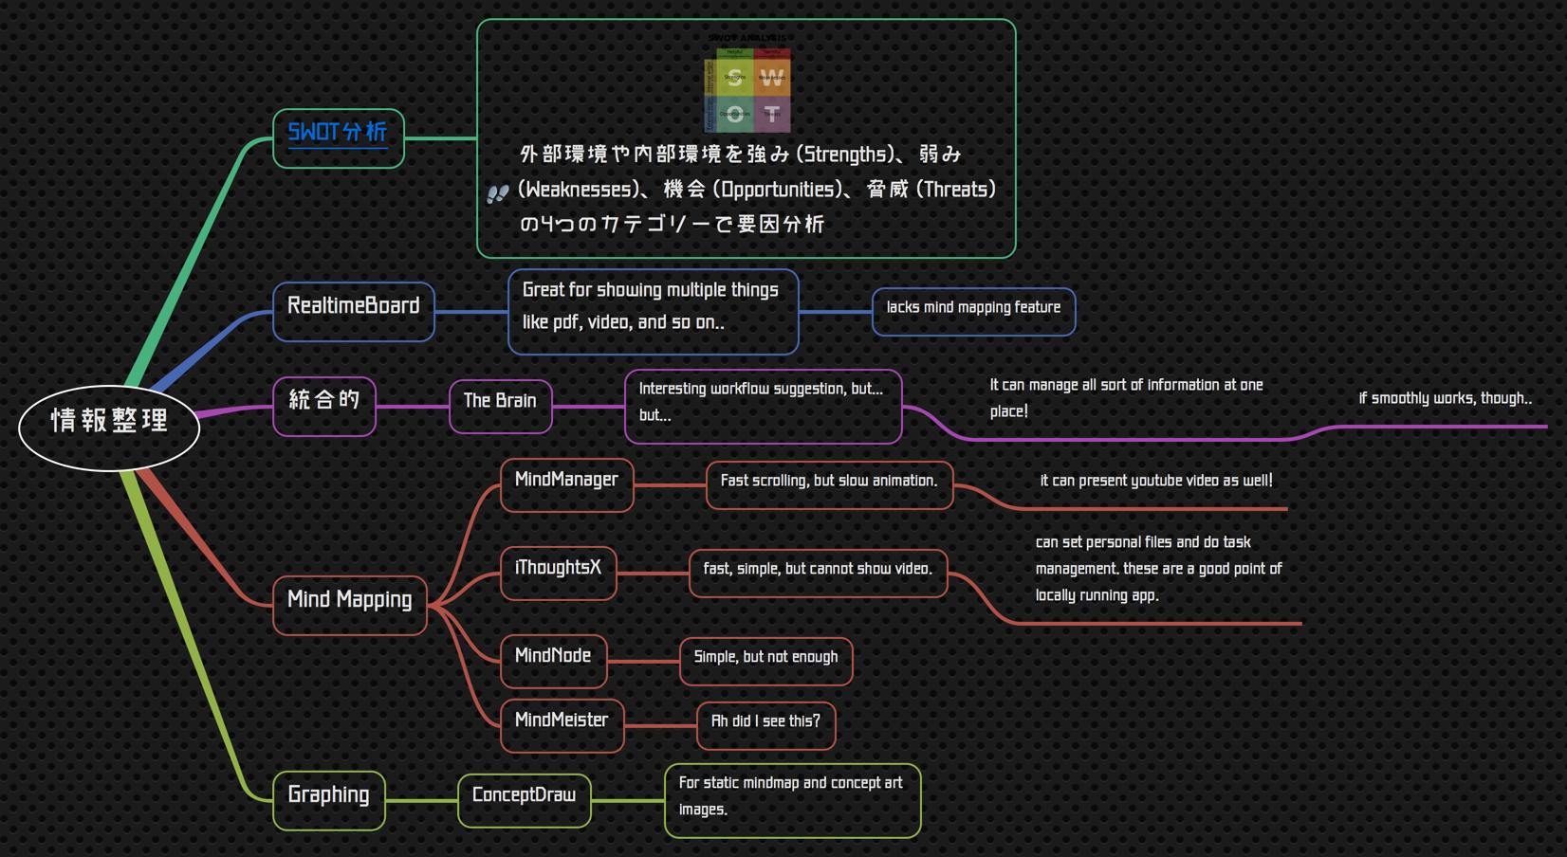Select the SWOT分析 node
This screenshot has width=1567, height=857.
point(339,138)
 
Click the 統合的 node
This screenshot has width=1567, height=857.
point(324,406)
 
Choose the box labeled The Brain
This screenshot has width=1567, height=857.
point(500,406)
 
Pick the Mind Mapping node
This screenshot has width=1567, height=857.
point(350,605)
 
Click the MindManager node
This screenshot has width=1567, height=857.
point(566,484)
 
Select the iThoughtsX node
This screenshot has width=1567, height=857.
point(558,573)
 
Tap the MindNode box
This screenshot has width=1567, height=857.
point(553,661)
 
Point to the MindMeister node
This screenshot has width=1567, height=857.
point(562,725)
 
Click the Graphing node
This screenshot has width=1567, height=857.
point(328,800)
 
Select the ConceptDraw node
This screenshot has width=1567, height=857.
point(524,800)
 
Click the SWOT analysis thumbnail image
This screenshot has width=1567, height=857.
point(747,86)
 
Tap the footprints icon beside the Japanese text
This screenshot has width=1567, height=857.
point(497,193)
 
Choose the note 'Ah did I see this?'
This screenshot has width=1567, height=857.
point(765,725)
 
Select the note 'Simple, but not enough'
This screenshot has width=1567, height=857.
point(765,661)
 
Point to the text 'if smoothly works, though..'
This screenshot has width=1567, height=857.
point(1445,398)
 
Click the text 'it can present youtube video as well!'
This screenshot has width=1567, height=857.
point(1156,481)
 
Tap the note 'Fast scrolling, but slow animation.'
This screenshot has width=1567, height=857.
point(829,484)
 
